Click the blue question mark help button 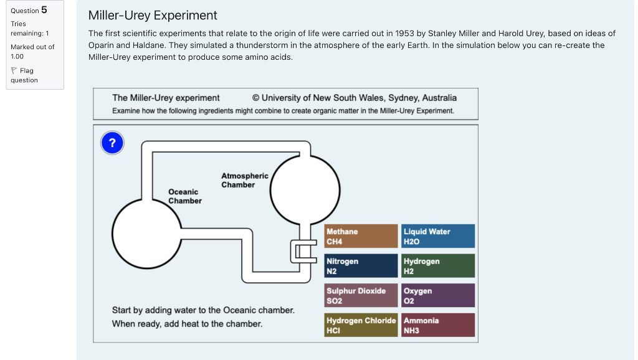click(x=112, y=143)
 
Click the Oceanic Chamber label click(x=184, y=196)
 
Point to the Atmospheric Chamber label click(x=244, y=180)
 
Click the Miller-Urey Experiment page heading click(x=153, y=16)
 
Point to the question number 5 click(x=44, y=9)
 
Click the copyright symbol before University click(x=256, y=98)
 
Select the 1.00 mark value click(x=17, y=56)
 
